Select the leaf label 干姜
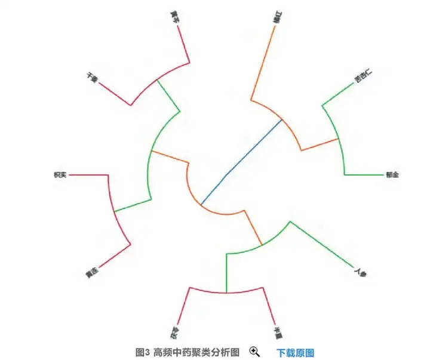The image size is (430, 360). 91,77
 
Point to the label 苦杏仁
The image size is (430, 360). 363,76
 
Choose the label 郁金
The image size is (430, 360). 392,175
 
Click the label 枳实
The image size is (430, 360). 60,175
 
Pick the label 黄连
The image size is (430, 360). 91,274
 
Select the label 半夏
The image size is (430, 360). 277,332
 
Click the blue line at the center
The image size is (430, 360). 241,161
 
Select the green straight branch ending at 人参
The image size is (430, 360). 322,248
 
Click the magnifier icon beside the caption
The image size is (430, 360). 254,352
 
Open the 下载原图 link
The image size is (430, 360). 295,352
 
